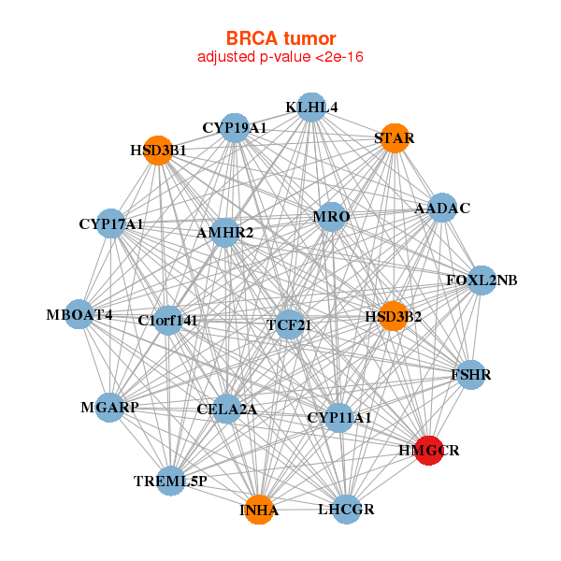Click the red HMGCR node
click(x=429, y=451)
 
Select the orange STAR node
click(x=395, y=138)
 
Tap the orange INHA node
click(x=259, y=510)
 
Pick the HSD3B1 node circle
click(x=158, y=151)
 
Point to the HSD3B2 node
click(x=394, y=316)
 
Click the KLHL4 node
click(x=311, y=108)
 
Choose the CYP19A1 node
click(x=235, y=128)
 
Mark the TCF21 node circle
click(x=290, y=324)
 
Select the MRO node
click(x=331, y=217)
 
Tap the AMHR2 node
click(x=224, y=233)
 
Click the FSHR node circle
click(x=471, y=375)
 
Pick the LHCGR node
click(x=346, y=510)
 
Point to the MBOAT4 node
click(x=79, y=314)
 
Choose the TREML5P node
click(x=171, y=481)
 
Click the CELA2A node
click(x=226, y=409)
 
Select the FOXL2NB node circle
click(x=482, y=280)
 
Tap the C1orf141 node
click(x=167, y=320)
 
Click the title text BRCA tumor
click(x=280, y=38)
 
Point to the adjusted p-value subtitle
click(x=280, y=57)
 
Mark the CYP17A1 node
click(x=111, y=223)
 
